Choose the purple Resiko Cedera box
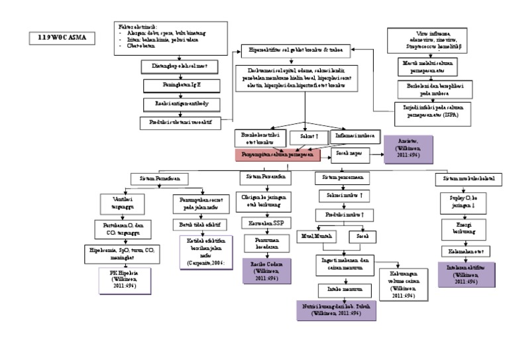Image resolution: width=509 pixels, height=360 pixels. click(266, 272)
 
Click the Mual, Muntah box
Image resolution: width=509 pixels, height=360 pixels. click(317, 236)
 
